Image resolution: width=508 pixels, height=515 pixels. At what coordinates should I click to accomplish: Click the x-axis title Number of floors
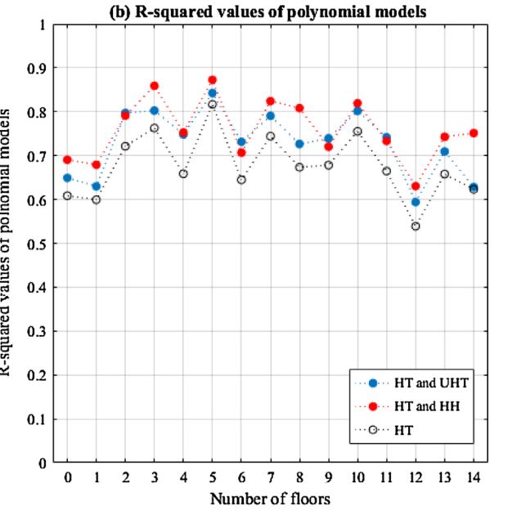pos(271,498)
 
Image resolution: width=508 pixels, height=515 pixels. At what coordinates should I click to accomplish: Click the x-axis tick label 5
pos(213,476)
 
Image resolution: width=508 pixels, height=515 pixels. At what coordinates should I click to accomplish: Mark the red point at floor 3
pos(155,85)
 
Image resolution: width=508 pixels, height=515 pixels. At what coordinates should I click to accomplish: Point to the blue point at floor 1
pos(97,186)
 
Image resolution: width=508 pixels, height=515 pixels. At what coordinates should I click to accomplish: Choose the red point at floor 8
pos(299,108)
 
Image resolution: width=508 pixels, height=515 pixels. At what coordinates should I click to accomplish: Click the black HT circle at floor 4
pos(183,174)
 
